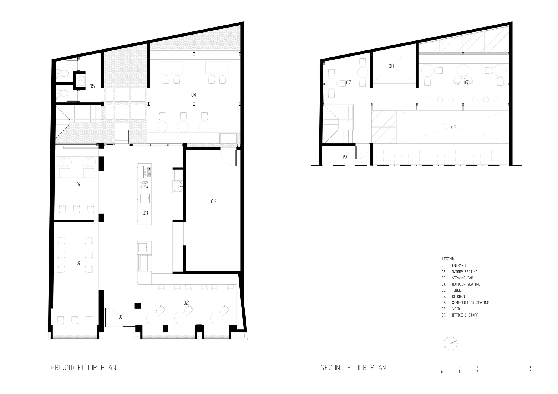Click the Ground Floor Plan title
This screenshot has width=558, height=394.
(83, 368)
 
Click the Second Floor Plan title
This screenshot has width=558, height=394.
(353, 368)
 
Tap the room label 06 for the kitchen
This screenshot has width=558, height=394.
(213, 201)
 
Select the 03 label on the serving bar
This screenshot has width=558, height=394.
(145, 213)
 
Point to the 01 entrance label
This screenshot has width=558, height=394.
(121, 317)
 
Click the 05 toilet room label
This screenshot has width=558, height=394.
(92, 87)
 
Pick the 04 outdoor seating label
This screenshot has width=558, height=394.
(194, 95)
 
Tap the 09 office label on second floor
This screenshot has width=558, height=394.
(344, 157)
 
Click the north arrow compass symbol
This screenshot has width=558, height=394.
(451, 344)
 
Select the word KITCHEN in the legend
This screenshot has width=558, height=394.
(458, 296)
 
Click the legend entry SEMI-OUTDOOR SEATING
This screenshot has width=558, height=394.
(470, 303)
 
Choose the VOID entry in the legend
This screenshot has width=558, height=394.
(456, 309)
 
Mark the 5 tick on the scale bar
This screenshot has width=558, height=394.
(530, 372)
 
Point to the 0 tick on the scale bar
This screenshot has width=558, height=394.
(442, 372)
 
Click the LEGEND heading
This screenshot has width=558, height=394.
(448, 259)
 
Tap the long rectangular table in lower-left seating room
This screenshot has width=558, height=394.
(75, 255)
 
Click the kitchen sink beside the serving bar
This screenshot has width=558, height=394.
(177, 186)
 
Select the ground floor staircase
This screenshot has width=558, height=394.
(81, 113)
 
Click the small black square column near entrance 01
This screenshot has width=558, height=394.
(138, 306)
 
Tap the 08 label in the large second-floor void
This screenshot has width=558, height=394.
(454, 127)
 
